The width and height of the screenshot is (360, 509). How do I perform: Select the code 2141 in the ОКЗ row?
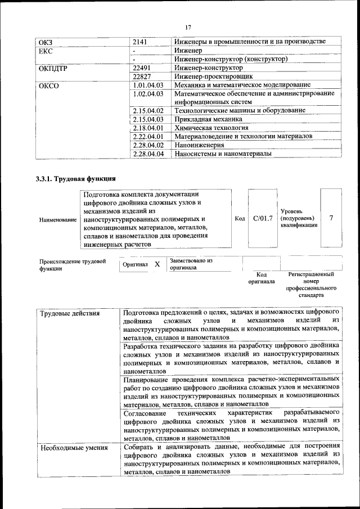[141, 42]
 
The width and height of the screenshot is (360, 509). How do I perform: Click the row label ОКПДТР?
[53, 67]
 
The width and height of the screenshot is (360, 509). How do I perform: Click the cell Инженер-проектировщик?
[213, 75]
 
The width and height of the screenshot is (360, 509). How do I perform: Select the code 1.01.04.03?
[148, 84]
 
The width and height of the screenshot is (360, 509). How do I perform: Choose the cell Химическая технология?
[210, 128]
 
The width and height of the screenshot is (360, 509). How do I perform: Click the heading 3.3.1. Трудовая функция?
[76, 179]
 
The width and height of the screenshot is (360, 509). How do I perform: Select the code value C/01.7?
[263, 218]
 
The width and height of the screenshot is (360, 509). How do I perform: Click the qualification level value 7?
[331, 218]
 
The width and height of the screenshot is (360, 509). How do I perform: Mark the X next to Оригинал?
[157, 264]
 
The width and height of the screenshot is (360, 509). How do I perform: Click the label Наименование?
[57, 219]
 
